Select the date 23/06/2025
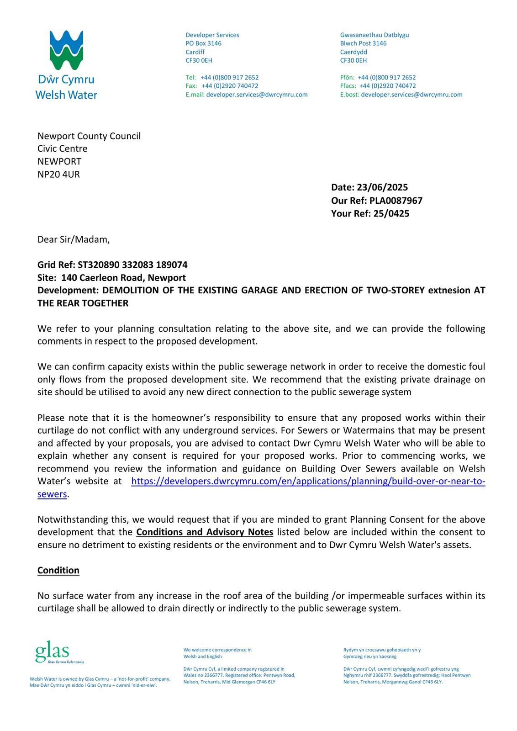(x=382, y=187)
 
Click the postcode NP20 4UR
(x=58, y=174)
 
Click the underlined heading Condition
(x=58, y=570)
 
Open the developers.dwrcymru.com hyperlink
(x=308, y=481)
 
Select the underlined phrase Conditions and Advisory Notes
(x=205, y=532)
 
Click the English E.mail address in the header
(x=257, y=95)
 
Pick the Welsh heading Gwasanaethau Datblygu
(x=375, y=35)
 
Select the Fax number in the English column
(x=230, y=86)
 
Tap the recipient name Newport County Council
(x=89, y=136)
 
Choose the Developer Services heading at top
(x=212, y=35)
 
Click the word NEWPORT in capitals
(x=59, y=161)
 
